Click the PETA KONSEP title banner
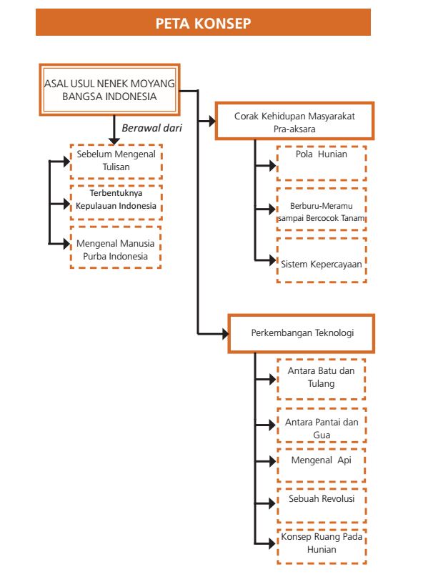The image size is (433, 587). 203,22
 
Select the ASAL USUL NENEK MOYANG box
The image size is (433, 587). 109,89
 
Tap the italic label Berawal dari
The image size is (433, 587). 151,128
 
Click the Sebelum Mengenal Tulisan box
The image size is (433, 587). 116,161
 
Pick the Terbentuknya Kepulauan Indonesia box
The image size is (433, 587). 116,202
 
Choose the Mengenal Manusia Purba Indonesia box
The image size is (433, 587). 115,247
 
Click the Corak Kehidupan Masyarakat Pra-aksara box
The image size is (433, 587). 294,121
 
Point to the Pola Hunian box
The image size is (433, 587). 322,163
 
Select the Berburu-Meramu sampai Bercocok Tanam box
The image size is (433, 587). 322,209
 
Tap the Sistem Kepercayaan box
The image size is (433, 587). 322,260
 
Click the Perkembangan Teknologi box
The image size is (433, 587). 302,334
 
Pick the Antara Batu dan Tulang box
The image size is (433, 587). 321,379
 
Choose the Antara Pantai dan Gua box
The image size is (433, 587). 322,425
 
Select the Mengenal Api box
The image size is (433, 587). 321,465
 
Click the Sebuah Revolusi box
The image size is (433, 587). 322,505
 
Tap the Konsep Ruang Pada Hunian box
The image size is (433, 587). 322,546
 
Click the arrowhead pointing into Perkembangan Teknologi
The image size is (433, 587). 225,334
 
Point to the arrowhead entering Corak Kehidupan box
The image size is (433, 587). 212,121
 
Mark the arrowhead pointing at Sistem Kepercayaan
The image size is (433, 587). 273,260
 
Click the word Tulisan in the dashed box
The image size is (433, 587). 116,167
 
